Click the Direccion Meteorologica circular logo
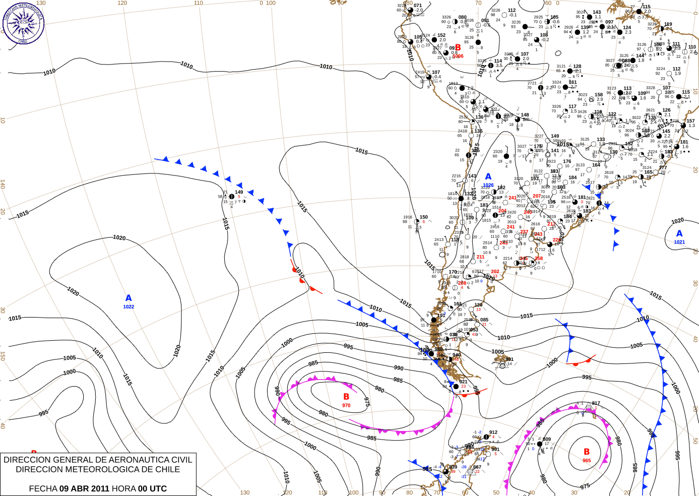[x=23, y=23]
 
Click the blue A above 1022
[x=129, y=298]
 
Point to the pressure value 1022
[x=129, y=306]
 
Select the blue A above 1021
[x=679, y=234]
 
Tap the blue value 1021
[x=679, y=242]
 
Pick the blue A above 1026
[x=488, y=177]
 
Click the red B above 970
[x=346, y=397]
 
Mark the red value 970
[x=346, y=405]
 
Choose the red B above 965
[x=587, y=452]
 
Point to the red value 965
[x=587, y=460]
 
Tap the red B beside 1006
[x=458, y=48]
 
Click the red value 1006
[x=458, y=56]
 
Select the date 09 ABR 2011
[x=84, y=488]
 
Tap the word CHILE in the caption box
[x=166, y=469]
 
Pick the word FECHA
[x=43, y=488]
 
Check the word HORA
[x=123, y=488]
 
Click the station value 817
[x=596, y=403]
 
